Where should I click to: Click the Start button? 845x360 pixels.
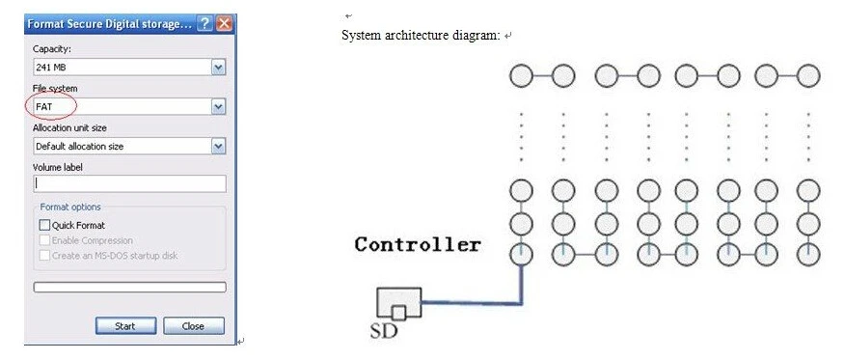[124, 326]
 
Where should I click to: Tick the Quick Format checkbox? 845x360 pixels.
[44, 225]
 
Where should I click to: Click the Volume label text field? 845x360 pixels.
[129, 183]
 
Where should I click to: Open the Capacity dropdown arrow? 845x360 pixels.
[218, 68]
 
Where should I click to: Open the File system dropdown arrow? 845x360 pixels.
[218, 107]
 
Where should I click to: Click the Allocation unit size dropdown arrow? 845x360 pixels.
[218, 147]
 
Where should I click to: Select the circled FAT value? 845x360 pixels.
[44, 107]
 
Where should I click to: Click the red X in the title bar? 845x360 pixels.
[225, 24]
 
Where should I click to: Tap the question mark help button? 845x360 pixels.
[204, 24]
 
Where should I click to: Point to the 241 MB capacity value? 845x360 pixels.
[50, 68]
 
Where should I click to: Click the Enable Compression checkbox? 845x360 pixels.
[44, 240]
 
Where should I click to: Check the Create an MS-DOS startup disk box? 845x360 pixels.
[44, 256]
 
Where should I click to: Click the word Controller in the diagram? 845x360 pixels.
[417, 244]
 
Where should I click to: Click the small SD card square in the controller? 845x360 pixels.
[397, 312]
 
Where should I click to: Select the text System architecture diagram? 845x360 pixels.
[421, 36]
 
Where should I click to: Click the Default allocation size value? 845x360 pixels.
[79, 147]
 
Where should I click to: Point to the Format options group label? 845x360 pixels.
[70, 207]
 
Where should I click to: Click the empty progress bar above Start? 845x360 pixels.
[129, 287]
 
